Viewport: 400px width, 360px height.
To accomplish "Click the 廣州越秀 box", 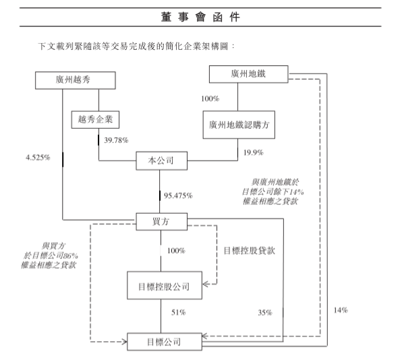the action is point(76,80).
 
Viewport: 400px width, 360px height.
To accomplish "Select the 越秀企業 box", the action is point(95,119).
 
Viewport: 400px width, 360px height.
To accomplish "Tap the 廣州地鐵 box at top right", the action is point(248,74).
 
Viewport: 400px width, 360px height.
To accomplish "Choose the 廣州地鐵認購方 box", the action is point(239,125).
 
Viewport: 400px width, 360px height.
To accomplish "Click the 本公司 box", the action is point(161,161).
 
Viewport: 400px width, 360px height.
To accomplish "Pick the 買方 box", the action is point(161,222).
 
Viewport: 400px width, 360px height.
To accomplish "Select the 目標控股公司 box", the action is point(165,285).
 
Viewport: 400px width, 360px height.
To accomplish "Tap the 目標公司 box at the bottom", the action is point(165,342).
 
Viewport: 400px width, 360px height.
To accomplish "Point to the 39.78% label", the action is point(116,140).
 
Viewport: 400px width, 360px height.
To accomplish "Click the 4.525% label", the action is point(38,158).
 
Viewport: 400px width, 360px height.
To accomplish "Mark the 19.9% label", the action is point(253,152).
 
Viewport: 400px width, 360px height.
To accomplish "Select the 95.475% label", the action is point(178,196).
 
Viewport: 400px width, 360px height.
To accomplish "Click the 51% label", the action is point(178,312).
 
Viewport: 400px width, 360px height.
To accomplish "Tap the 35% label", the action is point(265,313).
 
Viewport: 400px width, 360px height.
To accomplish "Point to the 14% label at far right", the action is point(341,310).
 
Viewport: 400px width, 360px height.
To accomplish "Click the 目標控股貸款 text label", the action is point(249,251).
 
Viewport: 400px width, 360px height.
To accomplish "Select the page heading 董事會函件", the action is point(200,17).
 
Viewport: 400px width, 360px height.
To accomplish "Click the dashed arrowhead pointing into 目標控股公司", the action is point(206,284).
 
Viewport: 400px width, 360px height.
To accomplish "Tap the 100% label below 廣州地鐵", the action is point(210,98).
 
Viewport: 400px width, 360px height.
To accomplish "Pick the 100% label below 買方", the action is point(176,251).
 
